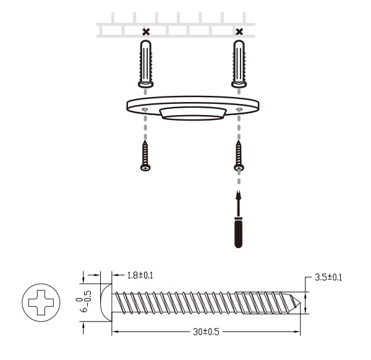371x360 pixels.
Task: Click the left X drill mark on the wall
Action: [x=147, y=32]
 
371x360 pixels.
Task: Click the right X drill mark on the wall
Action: [x=239, y=32]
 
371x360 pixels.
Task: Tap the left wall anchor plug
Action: [x=146, y=64]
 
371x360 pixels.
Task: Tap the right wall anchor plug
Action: [x=239, y=64]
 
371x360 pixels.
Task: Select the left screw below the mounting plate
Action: [x=145, y=156]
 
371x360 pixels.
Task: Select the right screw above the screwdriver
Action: [x=239, y=156]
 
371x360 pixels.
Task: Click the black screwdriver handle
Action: [x=238, y=233]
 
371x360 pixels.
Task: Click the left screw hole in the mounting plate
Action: [x=145, y=109]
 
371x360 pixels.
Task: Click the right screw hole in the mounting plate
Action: [x=239, y=109]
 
